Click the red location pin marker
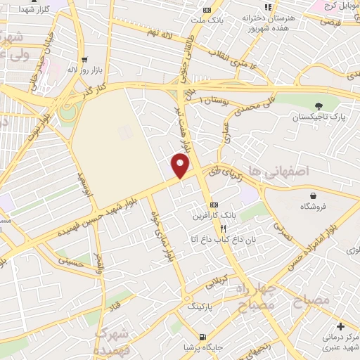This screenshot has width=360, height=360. click(181, 166)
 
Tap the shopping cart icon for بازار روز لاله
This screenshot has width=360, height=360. click(84, 60)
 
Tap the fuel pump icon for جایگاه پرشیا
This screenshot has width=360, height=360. click(203, 337)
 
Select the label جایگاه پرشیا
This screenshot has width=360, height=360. click(202, 347)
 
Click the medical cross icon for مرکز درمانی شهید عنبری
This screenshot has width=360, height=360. click(341, 326)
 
